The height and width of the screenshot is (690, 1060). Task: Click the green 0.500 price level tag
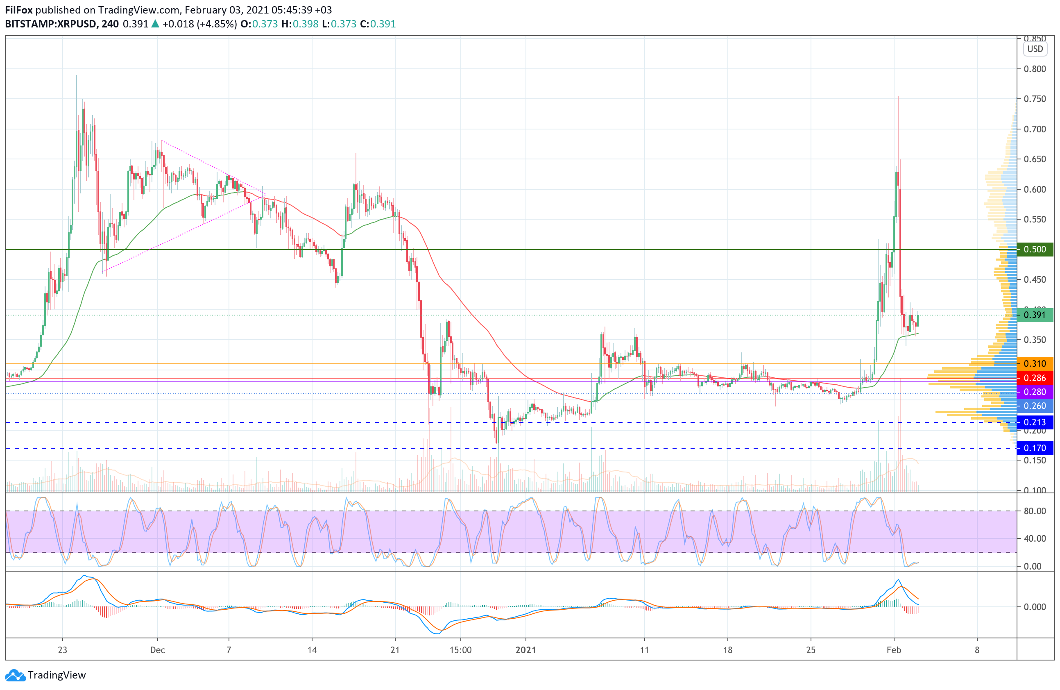(x=1035, y=250)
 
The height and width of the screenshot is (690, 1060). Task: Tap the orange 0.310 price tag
(x=1035, y=364)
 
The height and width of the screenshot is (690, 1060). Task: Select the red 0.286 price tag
(x=1035, y=378)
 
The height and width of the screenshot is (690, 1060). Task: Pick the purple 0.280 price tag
(x=1035, y=392)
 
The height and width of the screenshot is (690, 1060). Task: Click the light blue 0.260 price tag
(x=1035, y=406)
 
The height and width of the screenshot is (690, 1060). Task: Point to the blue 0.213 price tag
(x=1035, y=422)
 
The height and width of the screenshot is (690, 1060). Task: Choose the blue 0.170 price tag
(x=1035, y=448)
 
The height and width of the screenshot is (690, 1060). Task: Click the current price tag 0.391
(x=1035, y=315)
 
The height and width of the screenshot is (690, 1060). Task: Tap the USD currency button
(x=1035, y=49)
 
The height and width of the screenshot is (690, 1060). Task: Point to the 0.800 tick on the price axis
(x=1035, y=69)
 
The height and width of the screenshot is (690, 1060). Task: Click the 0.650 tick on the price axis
(x=1035, y=159)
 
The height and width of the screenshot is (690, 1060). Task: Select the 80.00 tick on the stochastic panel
(x=1035, y=511)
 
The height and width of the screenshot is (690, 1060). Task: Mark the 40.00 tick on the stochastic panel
(x=1035, y=538)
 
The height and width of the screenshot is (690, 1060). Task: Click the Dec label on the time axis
(x=158, y=650)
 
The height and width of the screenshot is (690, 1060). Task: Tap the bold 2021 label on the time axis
(x=525, y=650)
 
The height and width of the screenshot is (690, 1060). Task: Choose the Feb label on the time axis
(x=893, y=650)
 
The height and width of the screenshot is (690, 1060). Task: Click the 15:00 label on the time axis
(x=460, y=650)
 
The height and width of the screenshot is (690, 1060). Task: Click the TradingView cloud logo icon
(x=15, y=675)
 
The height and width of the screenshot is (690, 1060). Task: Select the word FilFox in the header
(x=19, y=10)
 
